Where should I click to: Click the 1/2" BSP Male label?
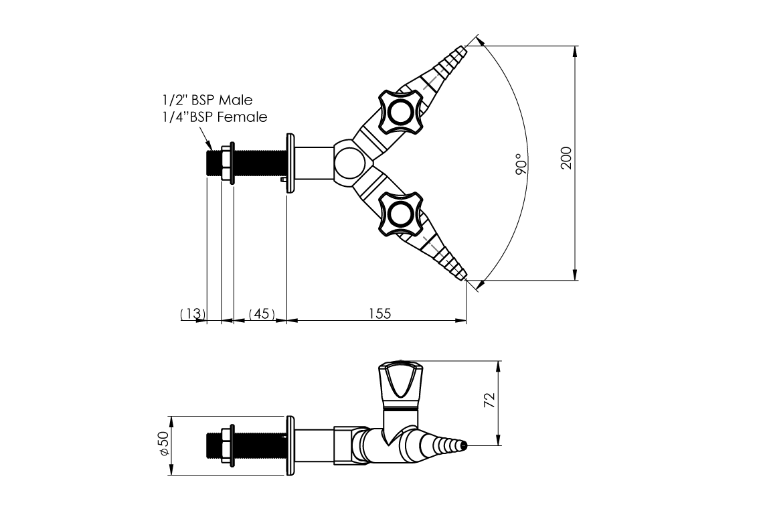tap(207, 100)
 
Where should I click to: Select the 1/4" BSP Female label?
tap(215, 117)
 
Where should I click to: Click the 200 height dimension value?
tap(566, 158)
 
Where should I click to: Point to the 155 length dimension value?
tap(379, 313)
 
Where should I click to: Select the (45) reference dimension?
tap(262, 313)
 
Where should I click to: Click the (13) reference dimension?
tap(193, 313)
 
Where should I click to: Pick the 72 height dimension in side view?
tap(489, 400)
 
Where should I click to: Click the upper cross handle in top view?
tap(400, 111)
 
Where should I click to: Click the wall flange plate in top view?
tap(290, 163)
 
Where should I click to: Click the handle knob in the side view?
tap(400, 382)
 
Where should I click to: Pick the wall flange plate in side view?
tap(290, 445)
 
